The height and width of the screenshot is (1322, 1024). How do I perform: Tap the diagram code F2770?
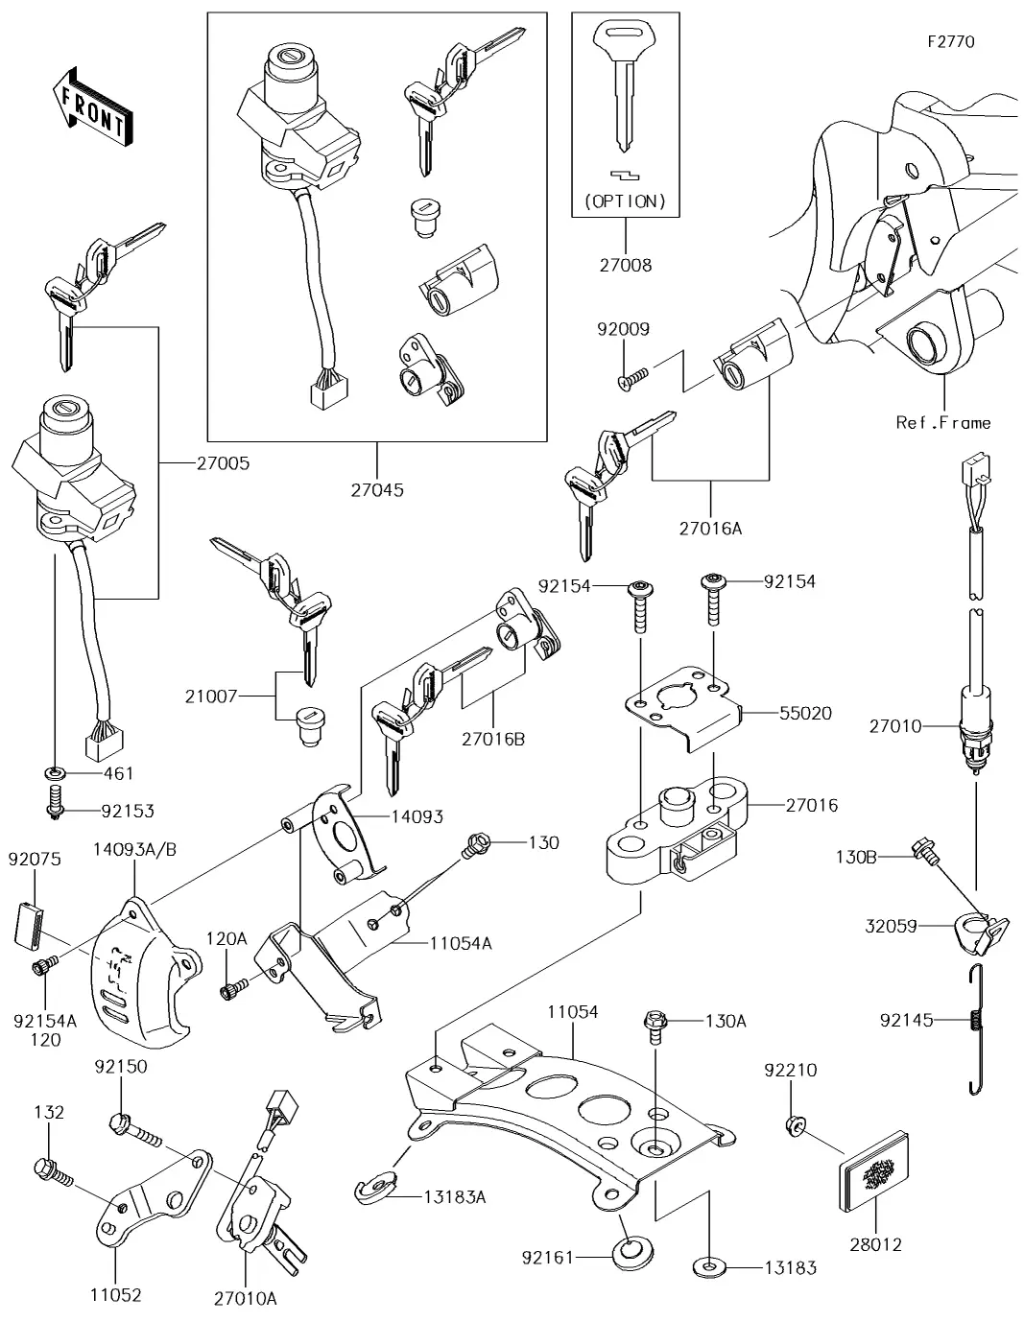click(x=950, y=42)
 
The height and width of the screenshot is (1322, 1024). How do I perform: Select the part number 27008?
click(x=625, y=265)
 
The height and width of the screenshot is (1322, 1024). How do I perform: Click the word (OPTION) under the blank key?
click(x=625, y=201)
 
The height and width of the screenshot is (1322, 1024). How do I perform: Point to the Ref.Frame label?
click(x=942, y=422)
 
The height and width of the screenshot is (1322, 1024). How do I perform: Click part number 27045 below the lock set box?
click(x=377, y=489)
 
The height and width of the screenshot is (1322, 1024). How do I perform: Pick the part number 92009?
click(x=623, y=329)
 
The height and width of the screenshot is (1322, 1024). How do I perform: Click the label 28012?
click(x=875, y=1244)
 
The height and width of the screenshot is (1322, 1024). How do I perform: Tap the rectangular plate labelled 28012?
click(x=876, y=1173)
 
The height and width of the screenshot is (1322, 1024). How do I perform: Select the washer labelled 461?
click(x=55, y=773)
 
